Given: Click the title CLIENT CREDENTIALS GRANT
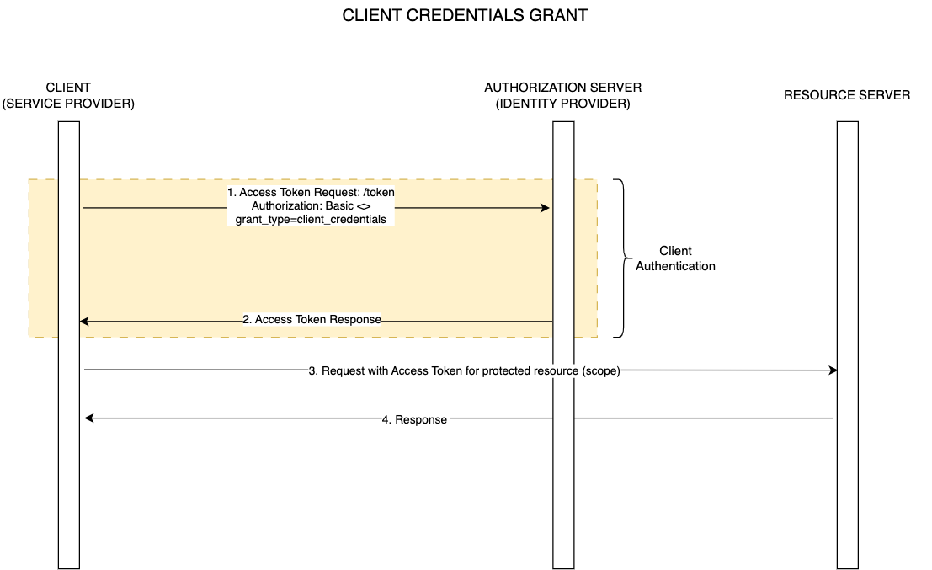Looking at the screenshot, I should click(465, 16).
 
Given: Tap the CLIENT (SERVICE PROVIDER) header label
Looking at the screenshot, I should click(69, 95).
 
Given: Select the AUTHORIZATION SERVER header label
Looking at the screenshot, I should click(562, 88).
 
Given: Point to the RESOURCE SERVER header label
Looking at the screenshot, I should click(846, 95).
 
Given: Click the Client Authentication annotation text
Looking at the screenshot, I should click(675, 258).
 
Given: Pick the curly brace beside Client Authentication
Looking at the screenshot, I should click(623, 258).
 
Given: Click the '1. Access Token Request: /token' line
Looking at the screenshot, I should click(311, 193).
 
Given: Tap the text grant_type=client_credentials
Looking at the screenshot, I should click(311, 219).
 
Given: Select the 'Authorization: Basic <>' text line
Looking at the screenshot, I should click(311, 206).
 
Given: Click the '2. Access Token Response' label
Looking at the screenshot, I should click(312, 320).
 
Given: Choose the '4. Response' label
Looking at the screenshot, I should click(414, 419).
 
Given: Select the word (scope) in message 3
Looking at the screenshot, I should click(600, 370).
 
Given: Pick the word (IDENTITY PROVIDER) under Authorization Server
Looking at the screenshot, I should click(562, 104).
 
